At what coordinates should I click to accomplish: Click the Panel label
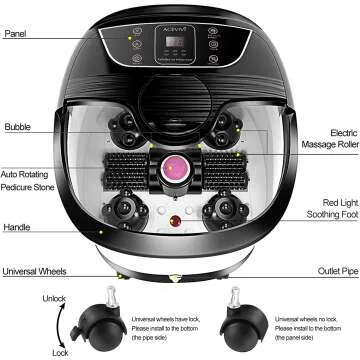click(15, 33)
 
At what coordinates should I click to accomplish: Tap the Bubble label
click(17, 127)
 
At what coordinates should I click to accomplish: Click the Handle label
click(17, 227)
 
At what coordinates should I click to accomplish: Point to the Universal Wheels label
click(34, 271)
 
